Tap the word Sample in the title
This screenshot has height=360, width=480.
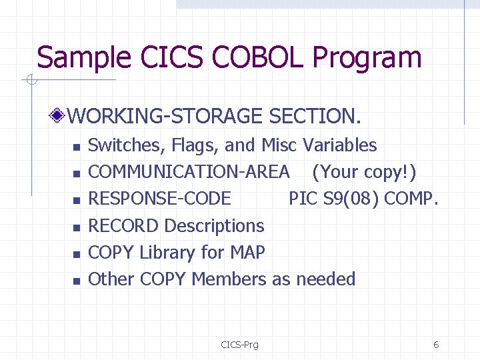(x=76, y=57)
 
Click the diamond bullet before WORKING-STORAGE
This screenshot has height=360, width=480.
(x=59, y=117)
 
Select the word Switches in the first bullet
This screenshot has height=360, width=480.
(x=126, y=145)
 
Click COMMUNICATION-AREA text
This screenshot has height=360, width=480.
(x=189, y=172)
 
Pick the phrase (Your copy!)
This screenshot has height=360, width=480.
(x=364, y=172)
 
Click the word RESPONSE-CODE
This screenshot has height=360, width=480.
(x=160, y=199)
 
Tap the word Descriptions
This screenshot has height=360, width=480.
(x=214, y=226)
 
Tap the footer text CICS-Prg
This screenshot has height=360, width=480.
(x=240, y=345)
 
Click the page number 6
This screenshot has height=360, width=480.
(x=436, y=345)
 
